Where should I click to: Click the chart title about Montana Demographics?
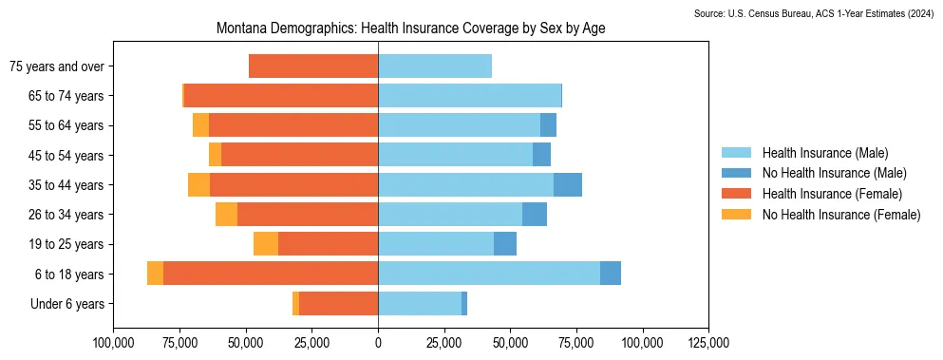pos(410,29)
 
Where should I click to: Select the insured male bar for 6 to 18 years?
pos(489,274)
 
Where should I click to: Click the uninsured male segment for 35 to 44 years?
pos(568,184)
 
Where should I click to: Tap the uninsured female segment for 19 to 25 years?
pos(266,244)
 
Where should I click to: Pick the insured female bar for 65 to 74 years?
pos(281,96)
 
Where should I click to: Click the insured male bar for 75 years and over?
pos(435,66)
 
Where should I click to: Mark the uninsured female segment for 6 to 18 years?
pos(155,274)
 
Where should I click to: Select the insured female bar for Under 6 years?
pos(338,304)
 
